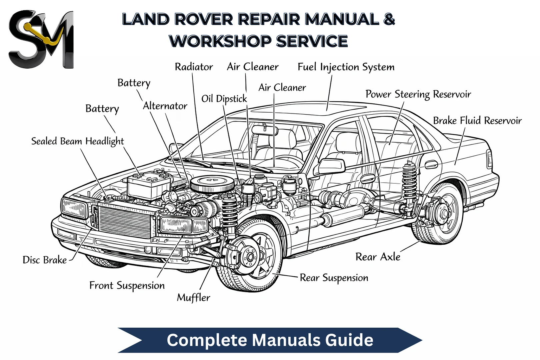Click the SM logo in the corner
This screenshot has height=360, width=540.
point(41,39)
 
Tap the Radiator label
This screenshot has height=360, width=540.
point(194,67)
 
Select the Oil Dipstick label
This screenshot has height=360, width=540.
point(224,99)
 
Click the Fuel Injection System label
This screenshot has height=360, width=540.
point(346,67)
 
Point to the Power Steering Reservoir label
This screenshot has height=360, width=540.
point(418,94)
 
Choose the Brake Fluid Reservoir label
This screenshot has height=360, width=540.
point(477,121)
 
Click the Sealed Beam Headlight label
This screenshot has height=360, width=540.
point(77,141)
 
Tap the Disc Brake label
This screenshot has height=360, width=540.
point(45,260)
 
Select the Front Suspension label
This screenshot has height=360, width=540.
point(127,286)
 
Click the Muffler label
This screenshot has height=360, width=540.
point(193,298)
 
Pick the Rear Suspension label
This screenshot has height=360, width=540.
point(334,278)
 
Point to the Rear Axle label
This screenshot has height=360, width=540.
point(378,257)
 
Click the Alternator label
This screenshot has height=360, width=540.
point(165,106)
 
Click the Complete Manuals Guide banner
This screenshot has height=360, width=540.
point(270,340)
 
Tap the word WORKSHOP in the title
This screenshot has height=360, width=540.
point(220,41)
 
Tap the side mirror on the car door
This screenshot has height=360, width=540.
point(331,166)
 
